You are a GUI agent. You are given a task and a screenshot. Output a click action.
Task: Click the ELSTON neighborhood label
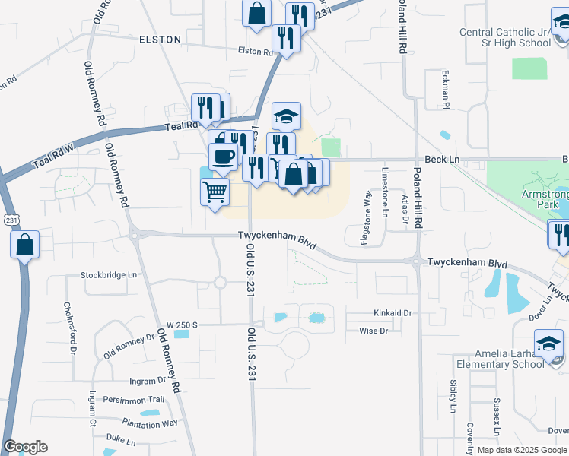(160, 39)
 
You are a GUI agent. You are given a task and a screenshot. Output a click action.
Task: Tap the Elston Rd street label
(255, 52)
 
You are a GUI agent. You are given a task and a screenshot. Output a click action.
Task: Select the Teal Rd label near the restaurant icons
(181, 125)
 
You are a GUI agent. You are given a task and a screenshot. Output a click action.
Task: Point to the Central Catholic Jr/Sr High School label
(505, 37)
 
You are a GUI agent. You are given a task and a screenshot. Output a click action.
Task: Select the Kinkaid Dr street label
(392, 312)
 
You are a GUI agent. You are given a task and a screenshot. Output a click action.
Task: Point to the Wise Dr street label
(373, 331)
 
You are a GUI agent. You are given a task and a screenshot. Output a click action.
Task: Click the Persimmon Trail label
(134, 400)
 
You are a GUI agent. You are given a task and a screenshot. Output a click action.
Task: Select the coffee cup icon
(223, 156)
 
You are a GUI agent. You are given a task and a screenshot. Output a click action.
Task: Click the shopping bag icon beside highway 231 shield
(25, 245)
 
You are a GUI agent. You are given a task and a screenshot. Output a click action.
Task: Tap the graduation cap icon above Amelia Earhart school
(548, 344)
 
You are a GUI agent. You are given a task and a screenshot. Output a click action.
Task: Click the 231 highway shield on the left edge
(6, 218)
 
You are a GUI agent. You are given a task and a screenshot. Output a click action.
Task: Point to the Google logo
(25, 447)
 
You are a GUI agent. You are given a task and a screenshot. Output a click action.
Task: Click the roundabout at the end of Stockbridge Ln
(220, 283)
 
